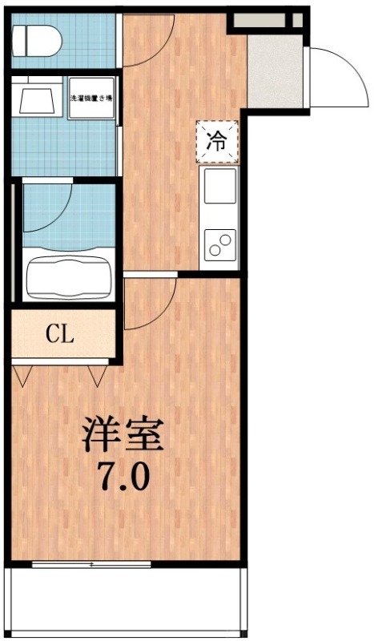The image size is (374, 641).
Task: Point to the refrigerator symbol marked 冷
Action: pyautogui.click(x=217, y=141)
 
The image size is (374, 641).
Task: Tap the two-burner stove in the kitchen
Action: pyautogui.click(x=219, y=243)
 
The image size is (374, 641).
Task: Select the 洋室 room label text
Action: pyautogui.click(x=123, y=433)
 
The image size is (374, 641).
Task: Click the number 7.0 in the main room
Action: pyautogui.click(x=123, y=478)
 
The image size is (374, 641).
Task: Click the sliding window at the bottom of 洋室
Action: pyautogui.click(x=91, y=565)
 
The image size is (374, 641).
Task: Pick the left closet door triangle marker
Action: pyautogui.click(x=22, y=373)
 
